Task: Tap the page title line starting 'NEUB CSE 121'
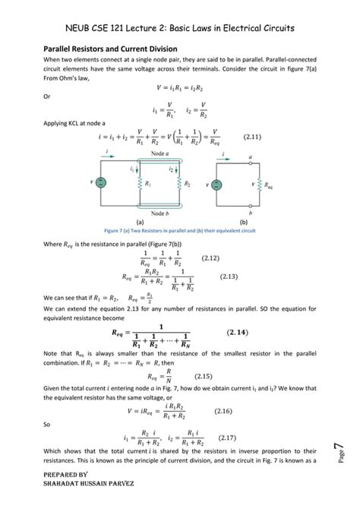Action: pos(180,28)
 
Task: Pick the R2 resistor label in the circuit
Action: pos(185,184)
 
